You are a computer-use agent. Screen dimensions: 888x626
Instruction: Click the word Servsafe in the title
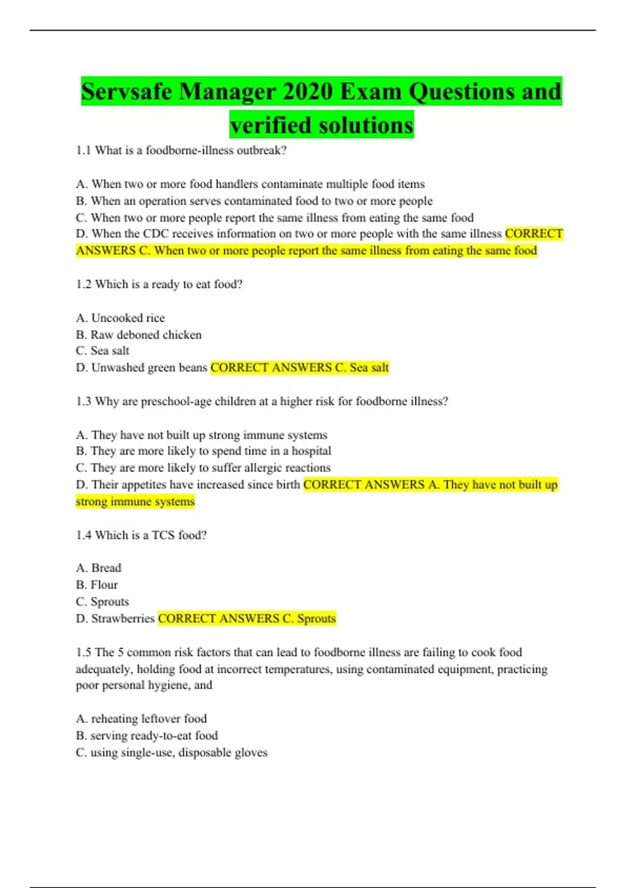coord(127,92)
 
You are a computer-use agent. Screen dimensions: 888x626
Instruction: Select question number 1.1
coord(83,150)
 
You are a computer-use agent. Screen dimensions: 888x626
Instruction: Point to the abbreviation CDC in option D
coord(156,233)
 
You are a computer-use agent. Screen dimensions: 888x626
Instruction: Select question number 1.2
coord(83,284)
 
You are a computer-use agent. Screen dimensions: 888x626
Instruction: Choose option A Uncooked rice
coord(121,318)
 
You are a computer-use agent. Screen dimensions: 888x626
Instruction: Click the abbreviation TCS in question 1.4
coord(163,535)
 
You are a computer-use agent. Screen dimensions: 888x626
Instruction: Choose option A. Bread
coord(99,568)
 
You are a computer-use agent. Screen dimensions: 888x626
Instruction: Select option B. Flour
coord(97,585)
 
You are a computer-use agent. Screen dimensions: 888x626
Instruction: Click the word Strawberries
coord(123,618)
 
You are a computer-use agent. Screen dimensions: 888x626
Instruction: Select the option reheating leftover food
coord(141,719)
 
